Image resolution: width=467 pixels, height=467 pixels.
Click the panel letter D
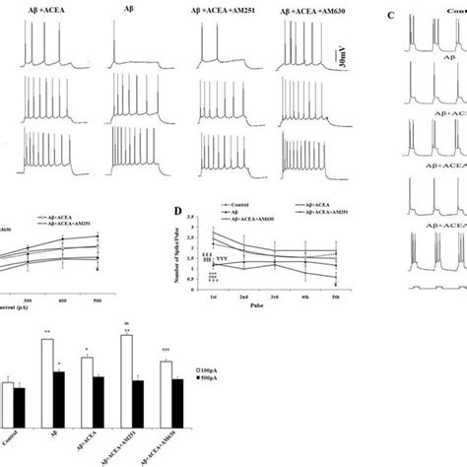click(x=176, y=210)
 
